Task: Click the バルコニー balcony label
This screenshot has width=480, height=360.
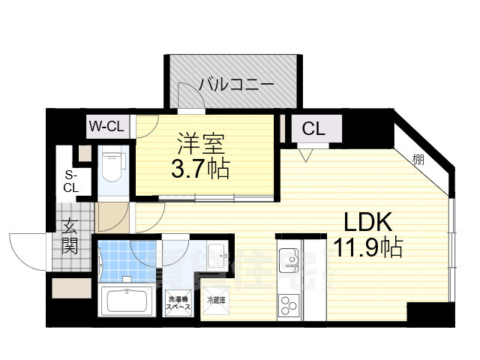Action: click(x=236, y=84)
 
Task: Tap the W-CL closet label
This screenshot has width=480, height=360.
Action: click(x=106, y=126)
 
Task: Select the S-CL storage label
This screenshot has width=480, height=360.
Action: click(x=70, y=181)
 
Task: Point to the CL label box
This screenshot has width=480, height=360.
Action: click(x=313, y=128)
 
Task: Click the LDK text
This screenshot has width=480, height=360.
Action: click(x=369, y=221)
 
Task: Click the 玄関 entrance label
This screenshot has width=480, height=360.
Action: click(x=70, y=235)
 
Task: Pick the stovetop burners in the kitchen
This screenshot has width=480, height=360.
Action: click(x=288, y=305)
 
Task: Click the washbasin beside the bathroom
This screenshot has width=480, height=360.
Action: click(x=216, y=256)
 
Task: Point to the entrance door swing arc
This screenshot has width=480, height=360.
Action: click(x=26, y=251)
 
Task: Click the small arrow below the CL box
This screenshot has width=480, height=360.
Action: click(x=304, y=155)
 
